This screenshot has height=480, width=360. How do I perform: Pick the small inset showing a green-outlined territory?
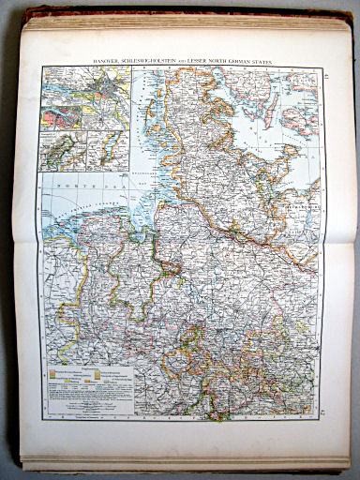coord(63,151)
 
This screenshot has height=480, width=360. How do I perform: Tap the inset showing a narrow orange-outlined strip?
coord(108,151)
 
